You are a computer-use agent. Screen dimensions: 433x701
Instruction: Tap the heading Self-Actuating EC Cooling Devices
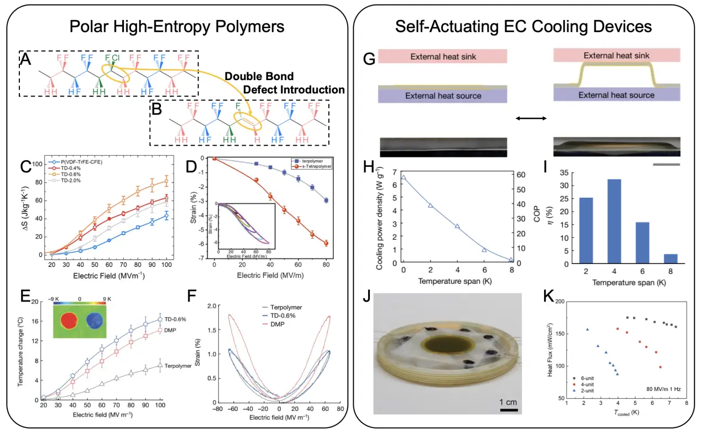tap(523, 27)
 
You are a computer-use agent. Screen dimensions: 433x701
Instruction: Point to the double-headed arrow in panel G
tap(531, 118)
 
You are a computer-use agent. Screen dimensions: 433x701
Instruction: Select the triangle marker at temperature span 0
tap(404, 177)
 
